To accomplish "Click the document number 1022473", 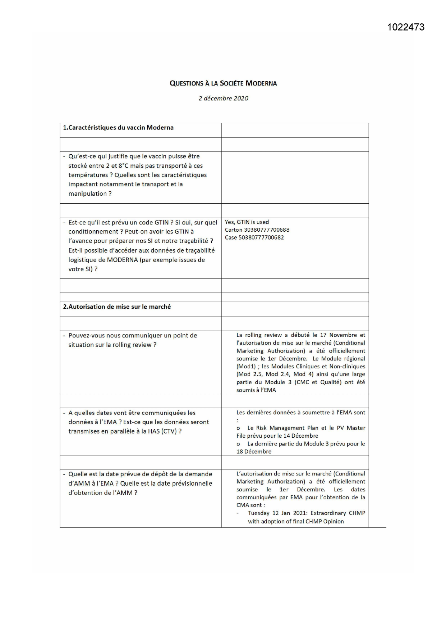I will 406,27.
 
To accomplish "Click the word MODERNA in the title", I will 261,83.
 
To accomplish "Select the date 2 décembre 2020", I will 223,98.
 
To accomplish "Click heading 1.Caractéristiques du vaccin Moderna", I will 118,128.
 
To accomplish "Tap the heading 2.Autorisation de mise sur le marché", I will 117,307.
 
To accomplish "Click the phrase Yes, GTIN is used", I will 247,222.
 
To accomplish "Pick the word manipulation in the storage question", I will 88,194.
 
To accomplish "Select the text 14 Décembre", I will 300,436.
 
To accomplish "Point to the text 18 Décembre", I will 254,451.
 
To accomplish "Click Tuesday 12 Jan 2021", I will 275,513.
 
